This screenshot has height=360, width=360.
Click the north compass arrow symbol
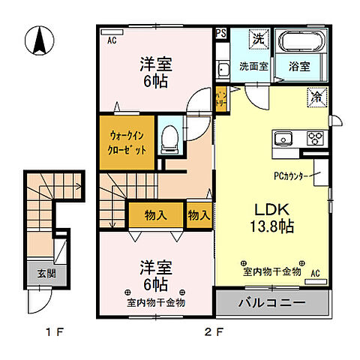tap(37, 40)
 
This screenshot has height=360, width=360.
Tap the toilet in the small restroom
tap(169, 136)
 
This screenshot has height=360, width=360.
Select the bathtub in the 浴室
tap(300, 42)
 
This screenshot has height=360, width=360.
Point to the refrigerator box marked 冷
tap(318, 95)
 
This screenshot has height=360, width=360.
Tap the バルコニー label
tap(271, 304)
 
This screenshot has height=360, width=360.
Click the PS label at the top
tap(220, 33)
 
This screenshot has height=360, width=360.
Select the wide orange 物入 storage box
tap(155, 215)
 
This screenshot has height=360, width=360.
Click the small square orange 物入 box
tap(198, 215)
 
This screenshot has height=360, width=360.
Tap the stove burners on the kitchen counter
tap(314, 138)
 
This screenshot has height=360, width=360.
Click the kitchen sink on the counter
tap(285, 139)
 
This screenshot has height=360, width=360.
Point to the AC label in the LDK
tap(315, 272)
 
